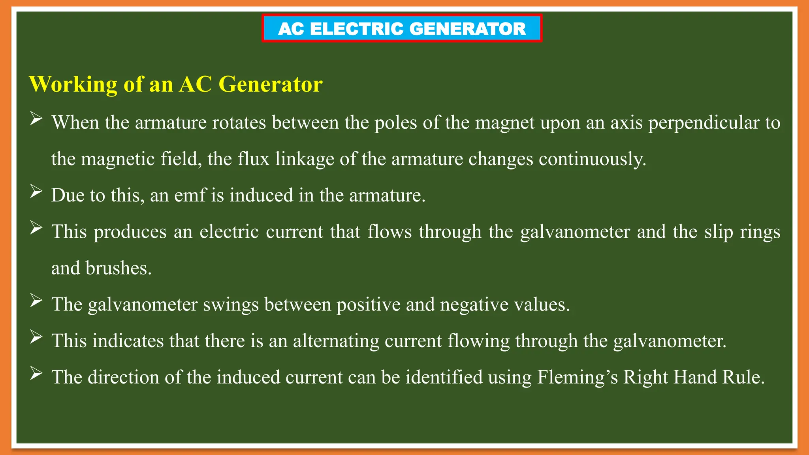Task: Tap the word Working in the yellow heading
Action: [73, 85]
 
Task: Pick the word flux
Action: [253, 159]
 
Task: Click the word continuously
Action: [592, 159]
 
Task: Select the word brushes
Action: [119, 268]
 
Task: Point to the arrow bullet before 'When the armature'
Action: [36, 118]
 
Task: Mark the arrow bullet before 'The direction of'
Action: [36, 373]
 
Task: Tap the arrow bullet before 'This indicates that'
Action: [36, 337]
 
